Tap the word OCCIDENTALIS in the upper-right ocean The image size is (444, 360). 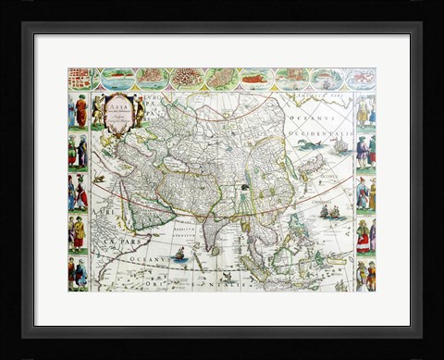click(x=320, y=130)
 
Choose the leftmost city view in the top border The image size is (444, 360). click(x=81, y=79)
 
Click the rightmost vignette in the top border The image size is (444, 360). click(x=362, y=79)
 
